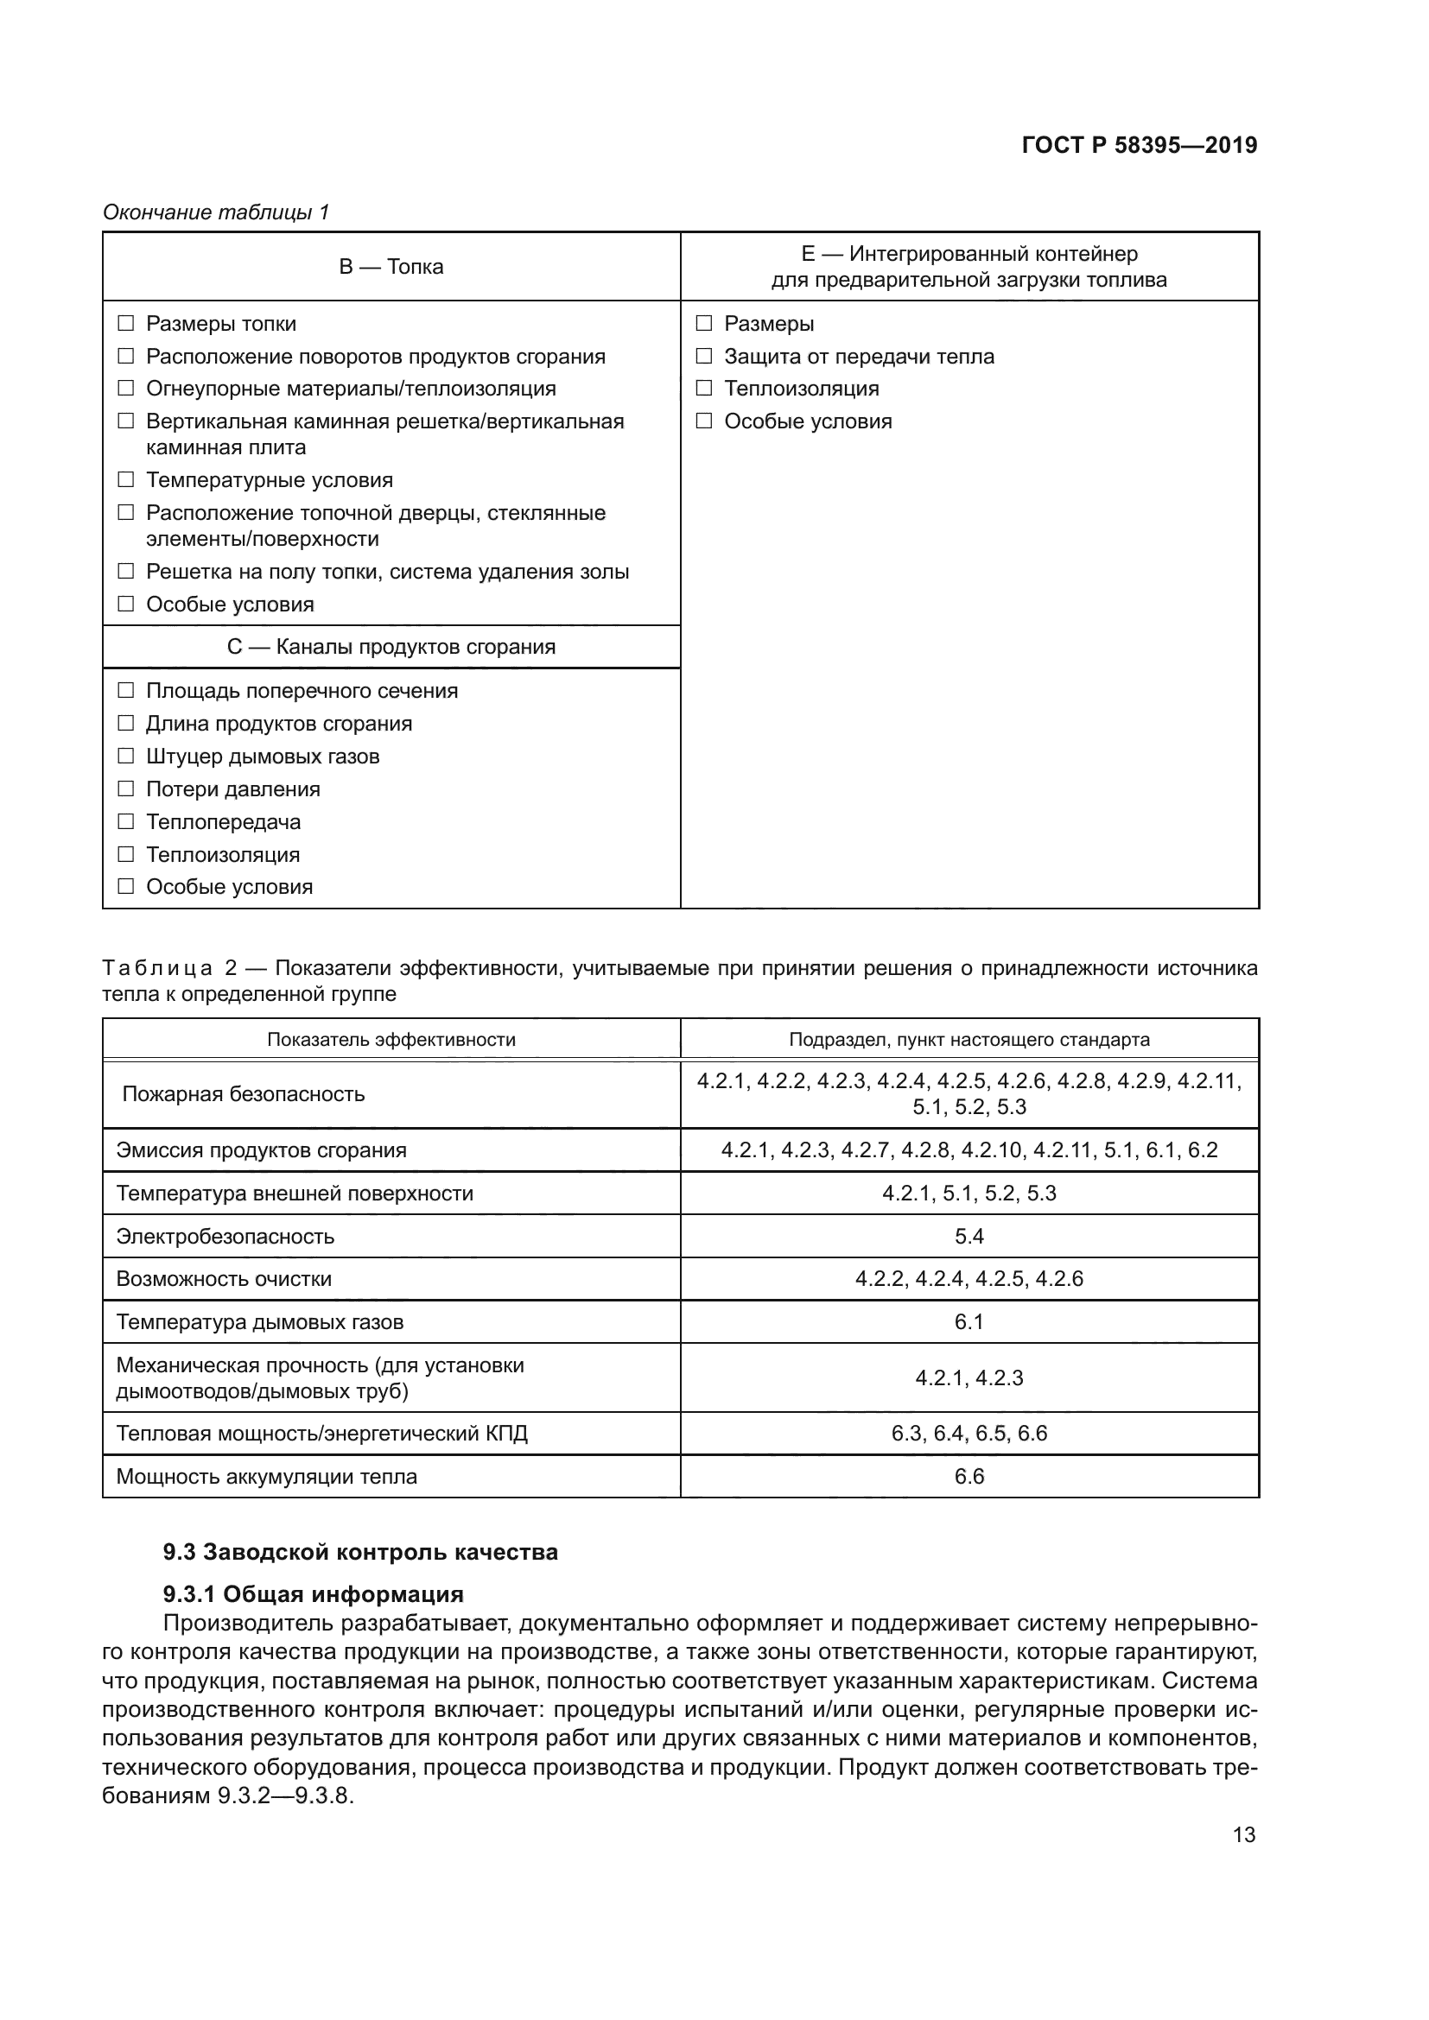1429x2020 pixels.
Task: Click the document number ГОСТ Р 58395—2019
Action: click(1139, 145)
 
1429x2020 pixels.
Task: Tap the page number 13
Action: click(1243, 1834)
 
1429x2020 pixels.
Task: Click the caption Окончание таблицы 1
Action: click(216, 212)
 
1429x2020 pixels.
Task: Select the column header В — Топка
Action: click(391, 267)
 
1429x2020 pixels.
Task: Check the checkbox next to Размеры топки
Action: click(126, 324)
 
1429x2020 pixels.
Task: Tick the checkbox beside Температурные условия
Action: click(126, 479)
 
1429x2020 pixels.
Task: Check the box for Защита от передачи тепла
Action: click(704, 357)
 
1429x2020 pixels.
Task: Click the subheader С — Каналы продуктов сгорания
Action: click(391, 647)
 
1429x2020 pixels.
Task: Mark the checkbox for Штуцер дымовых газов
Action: click(126, 756)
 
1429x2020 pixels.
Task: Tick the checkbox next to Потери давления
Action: click(126, 789)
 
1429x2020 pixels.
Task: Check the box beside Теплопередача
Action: click(126, 821)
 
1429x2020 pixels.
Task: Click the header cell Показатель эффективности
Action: click(391, 1039)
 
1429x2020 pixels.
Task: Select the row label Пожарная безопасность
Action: click(243, 1093)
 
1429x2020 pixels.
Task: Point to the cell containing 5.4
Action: click(969, 1236)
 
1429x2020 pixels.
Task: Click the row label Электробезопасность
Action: click(225, 1236)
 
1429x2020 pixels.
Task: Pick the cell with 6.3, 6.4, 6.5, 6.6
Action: click(969, 1434)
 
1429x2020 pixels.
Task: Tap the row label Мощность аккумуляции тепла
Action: click(267, 1476)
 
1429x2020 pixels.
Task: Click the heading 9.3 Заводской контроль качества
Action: click(360, 1551)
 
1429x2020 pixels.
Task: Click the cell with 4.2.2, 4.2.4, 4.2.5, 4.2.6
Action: click(969, 1278)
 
